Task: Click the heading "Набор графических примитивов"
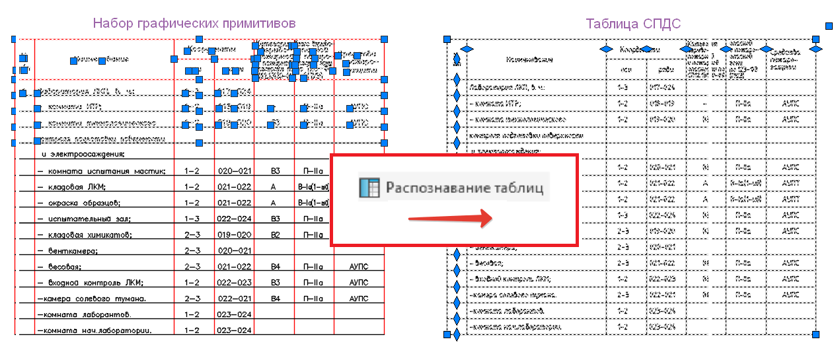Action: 194,23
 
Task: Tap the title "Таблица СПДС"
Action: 633,24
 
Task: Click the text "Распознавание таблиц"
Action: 465,188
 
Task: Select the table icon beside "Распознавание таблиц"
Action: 368,188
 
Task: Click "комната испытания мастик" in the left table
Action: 101,172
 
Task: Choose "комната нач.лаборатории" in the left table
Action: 94,330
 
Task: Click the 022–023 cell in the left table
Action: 234,283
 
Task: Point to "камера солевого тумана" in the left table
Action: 92,299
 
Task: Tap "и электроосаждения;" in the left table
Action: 83,155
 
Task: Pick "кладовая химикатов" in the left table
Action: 87,235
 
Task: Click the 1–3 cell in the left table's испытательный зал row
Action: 194,219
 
